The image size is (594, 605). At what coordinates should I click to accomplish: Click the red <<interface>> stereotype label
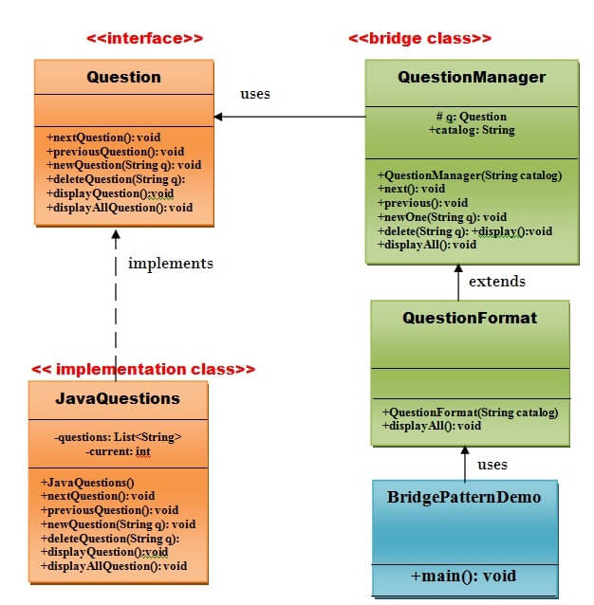pos(144,39)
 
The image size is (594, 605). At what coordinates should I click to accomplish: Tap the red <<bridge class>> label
pos(419,39)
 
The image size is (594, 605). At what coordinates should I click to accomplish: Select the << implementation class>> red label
pos(143,369)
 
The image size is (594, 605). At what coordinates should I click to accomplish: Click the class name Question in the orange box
pos(123,77)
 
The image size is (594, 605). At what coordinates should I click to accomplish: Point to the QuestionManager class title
pos(472,77)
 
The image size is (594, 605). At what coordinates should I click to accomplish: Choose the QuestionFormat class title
pos(470,318)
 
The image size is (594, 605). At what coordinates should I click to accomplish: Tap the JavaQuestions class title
pos(119,398)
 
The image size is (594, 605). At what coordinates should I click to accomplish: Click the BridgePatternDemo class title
pos(463,496)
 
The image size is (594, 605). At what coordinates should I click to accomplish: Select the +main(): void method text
pos(463,576)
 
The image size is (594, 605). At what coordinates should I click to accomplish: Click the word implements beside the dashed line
pos(171,263)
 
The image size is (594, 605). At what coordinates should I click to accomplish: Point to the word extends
pos(497,281)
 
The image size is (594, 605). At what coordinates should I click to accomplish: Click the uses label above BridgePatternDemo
pos(492,465)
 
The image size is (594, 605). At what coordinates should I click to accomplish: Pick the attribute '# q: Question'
pos(472,117)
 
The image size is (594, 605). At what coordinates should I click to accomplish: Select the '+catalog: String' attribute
pos(472,130)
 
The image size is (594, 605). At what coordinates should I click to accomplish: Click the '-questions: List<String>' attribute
pos(118,437)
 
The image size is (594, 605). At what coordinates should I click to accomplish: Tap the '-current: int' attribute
pos(118,451)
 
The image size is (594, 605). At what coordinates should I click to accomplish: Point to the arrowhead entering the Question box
pos(219,117)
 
